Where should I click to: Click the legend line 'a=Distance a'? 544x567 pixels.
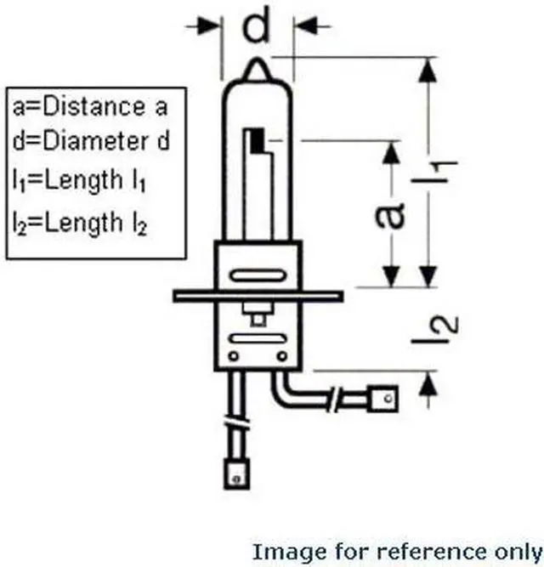point(88,107)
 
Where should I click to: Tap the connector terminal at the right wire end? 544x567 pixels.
point(385,395)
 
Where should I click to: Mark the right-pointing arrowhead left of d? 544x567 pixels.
point(212,27)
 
